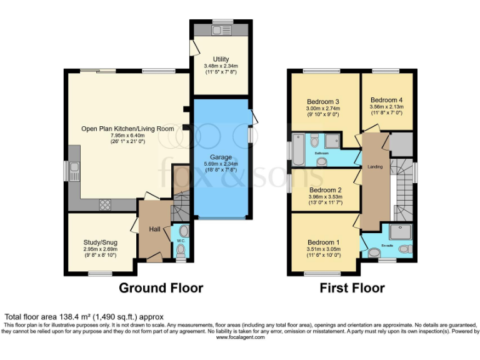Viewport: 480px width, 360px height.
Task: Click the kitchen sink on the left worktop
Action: [74, 169]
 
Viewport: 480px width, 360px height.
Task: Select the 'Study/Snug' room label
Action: [101, 242]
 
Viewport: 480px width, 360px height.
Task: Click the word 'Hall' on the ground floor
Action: [154, 229]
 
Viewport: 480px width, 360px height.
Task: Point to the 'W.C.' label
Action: [181, 240]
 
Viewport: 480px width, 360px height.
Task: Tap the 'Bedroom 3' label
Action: [322, 102]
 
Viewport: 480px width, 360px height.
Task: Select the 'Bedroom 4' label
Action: [387, 99]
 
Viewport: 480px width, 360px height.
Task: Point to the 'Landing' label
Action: [375, 166]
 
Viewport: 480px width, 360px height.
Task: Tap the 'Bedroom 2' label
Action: [326, 190]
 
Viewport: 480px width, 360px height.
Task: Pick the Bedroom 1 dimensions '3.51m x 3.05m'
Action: [323, 249]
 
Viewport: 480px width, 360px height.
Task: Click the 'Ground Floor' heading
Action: [161, 288]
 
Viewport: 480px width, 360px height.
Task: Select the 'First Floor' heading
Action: [352, 288]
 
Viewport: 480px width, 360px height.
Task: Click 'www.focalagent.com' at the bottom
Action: [240, 337]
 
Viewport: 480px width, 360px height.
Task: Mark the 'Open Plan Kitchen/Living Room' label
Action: [127, 129]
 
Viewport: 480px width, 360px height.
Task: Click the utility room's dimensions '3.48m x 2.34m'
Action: [221, 66]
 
